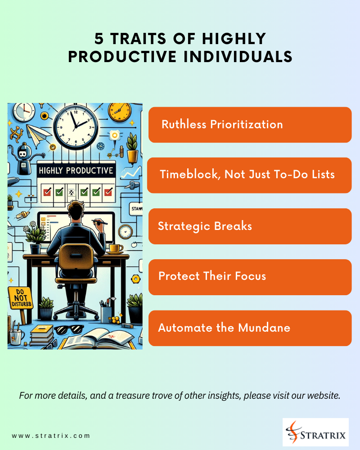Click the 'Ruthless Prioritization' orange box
(x=250, y=125)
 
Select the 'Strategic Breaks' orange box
(x=250, y=226)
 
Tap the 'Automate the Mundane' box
(x=250, y=328)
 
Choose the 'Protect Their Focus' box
(x=250, y=277)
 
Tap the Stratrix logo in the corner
(x=315, y=432)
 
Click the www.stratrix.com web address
(x=51, y=436)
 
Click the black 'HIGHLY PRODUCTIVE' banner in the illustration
(x=76, y=171)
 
